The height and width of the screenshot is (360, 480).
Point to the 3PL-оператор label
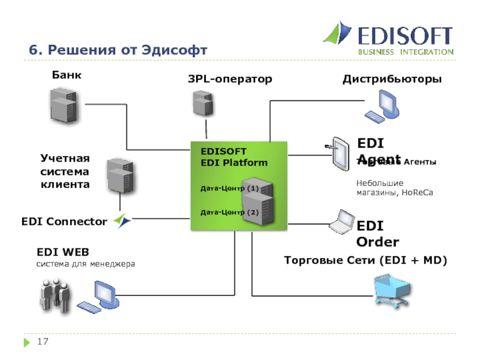230,79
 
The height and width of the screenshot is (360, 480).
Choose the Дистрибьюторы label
392,79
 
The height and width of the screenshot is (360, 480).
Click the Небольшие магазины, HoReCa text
394,188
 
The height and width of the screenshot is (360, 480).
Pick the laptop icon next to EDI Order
341,222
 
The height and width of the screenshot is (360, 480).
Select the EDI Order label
378,234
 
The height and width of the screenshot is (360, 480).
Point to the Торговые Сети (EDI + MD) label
366,260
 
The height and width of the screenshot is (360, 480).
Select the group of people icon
56,293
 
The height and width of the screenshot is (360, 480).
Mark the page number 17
43,342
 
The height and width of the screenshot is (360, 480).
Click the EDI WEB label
63,252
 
